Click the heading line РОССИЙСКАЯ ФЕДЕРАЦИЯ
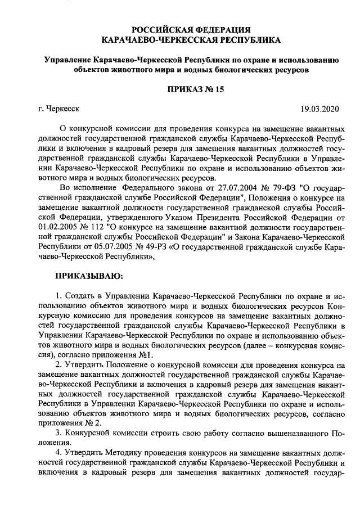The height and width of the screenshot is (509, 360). (x=191, y=30)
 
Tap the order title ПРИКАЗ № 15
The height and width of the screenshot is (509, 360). (x=191, y=89)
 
